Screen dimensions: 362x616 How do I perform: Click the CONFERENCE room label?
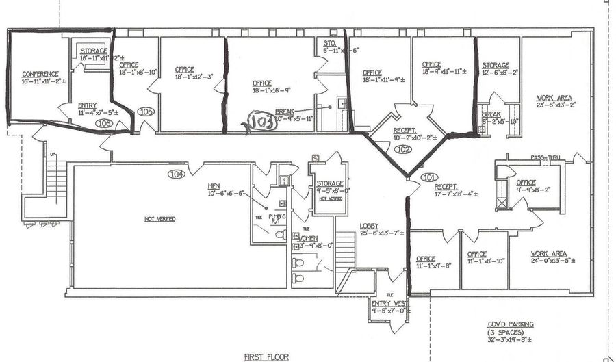[x=40, y=74]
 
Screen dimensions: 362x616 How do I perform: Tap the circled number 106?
[x=104, y=123]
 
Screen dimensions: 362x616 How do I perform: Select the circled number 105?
[x=146, y=111]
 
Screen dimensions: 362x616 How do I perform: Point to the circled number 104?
[x=177, y=174]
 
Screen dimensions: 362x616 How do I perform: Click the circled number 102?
[x=403, y=148]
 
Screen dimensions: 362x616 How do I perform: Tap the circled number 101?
[x=428, y=177]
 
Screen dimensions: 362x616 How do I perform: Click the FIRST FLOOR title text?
[x=266, y=357]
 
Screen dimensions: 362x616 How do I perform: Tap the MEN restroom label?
[x=214, y=186]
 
